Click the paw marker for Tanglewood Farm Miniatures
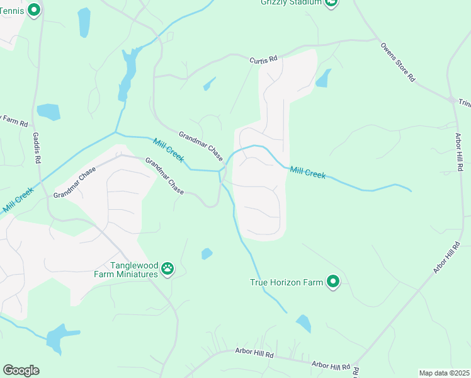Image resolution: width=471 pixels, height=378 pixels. [167, 268]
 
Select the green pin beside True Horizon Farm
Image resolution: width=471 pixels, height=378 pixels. [333, 282]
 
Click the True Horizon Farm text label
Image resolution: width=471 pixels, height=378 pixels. [287, 283]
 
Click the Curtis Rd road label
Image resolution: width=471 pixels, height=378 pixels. [263, 59]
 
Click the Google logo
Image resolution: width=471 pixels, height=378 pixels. [21, 370]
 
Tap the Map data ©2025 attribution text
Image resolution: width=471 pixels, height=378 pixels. [444, 373]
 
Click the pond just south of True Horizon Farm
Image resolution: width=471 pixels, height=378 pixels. [304, 323]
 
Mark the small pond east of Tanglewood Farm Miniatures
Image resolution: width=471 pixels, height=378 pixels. [207, 254]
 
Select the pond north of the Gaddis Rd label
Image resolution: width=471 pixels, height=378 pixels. [48, 112]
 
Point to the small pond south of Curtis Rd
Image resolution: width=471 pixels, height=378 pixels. [209, 84]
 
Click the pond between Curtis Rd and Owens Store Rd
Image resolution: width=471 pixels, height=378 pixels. [324, 78]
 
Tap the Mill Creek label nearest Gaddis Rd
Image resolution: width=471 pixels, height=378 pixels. [17, 200]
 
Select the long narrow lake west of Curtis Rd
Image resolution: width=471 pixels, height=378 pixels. [128, 72]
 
